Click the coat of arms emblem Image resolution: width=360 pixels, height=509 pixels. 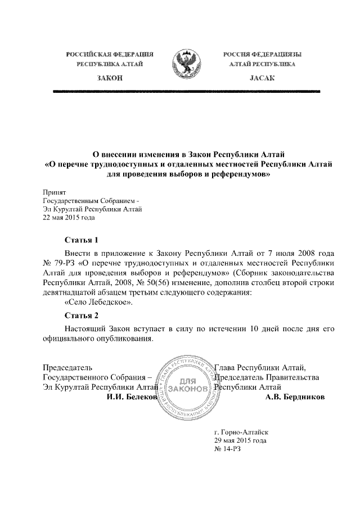pyautogui.click(x=188, y=64)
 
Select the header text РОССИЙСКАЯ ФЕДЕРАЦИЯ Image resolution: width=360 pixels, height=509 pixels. pyautogui.click(x=110, y=54)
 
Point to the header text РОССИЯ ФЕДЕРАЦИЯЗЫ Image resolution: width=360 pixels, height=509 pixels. pyautogui.click(x=262, y=54)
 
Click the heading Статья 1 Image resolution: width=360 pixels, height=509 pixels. pyautogui.click(x=82, y=240)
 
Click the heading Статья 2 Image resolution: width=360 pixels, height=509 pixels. pyautogui.click(x=82, y=315)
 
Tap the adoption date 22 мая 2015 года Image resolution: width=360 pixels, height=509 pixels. pyautogui.click(x=69, y=218)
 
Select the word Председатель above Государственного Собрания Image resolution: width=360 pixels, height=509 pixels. pyautogui.click(x=67, y=368)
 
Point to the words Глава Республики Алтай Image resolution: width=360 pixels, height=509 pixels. pyautogui.click(x=260, y=368)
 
